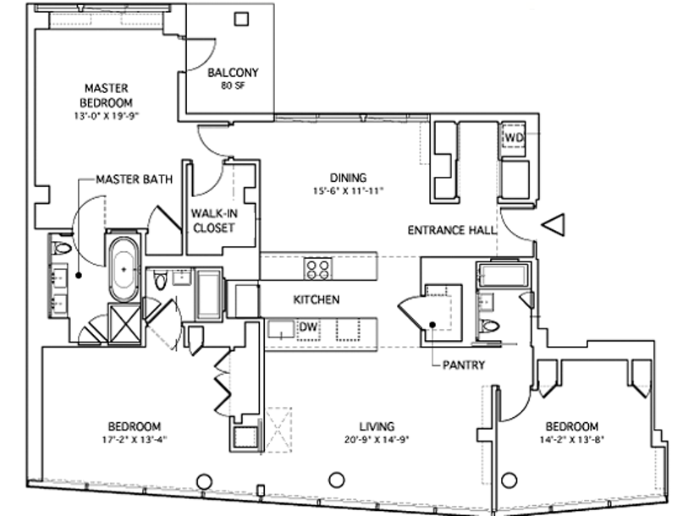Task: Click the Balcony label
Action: coord(233,73)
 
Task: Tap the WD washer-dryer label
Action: coord(514,138)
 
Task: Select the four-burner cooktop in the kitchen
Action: coord(318,268)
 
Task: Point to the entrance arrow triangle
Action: coord(553,225)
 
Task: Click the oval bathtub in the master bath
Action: coord(124,270)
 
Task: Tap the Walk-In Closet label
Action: coord(214,221)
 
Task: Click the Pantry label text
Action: coord(464,365)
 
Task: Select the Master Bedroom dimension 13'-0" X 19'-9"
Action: coord(107,116)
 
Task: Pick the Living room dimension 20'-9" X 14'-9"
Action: coord(377,440)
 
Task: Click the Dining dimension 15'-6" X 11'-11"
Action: coord(348,190)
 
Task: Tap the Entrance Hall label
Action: coord(452,230)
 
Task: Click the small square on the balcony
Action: coord(241,19)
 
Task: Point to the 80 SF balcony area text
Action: coord(234,85)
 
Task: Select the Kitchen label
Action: coord(316,299)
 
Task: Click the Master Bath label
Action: coord(135,179)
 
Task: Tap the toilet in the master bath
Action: coord(61,249)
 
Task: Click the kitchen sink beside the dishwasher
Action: coord(281,330)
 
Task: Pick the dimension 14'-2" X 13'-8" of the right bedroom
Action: coord(572,440)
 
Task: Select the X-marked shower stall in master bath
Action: coord(124,324)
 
